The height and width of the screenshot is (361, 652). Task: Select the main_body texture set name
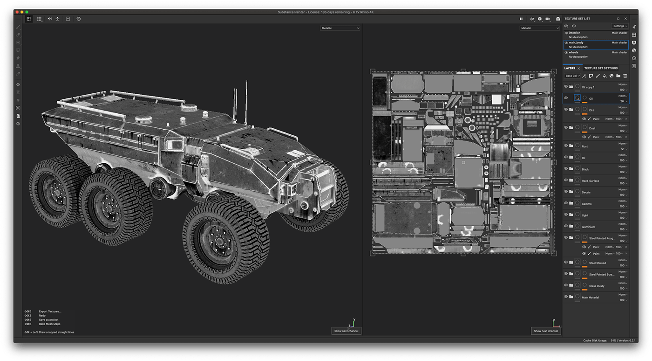pos(576,42)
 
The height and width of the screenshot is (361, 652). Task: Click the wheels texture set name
pos(573,52)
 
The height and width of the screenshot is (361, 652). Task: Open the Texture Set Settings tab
pos(601,68)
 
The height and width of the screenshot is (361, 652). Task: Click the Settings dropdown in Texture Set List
pos(620,26)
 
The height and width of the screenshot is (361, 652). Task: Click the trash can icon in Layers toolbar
pos(625,76)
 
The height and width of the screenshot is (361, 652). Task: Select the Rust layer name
pos(584,146)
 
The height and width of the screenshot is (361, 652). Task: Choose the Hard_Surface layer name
pos(590,181)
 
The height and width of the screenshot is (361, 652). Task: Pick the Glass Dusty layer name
pos(597,286)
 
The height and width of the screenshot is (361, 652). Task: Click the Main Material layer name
pos(590,298)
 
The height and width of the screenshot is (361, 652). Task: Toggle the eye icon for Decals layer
pos(566,192)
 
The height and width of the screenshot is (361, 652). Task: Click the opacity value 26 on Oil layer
pos(622,101)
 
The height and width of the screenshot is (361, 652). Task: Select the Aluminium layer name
pos(588,227)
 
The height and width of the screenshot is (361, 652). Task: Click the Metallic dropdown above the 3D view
pos(340,28)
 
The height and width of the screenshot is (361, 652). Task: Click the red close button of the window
pos(17,12)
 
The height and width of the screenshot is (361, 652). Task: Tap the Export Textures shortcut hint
pos(50,311)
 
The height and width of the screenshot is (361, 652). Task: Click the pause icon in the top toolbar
pos(521,19)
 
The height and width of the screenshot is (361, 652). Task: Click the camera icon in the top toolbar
pos(558,19)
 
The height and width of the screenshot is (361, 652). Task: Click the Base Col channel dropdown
pos(572,76)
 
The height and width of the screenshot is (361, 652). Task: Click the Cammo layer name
pos(586,204)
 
